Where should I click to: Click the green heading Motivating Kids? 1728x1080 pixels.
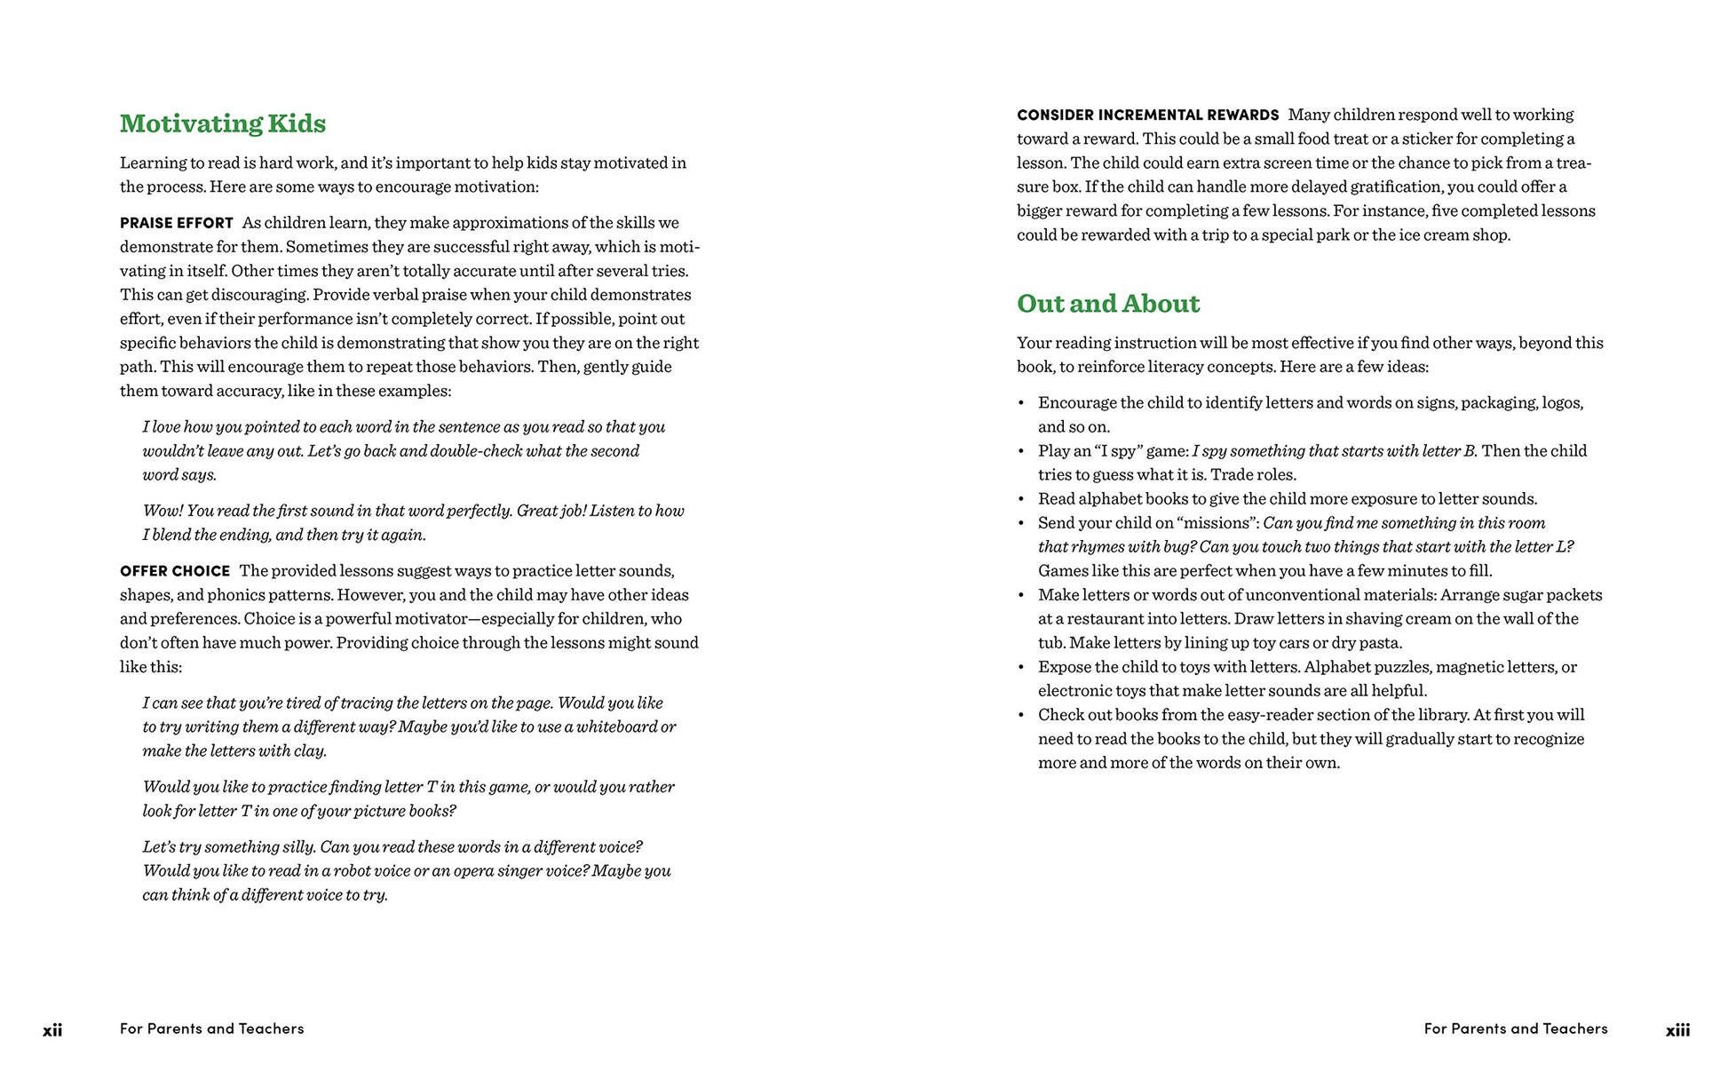pyautogui.click(x=223, y=123)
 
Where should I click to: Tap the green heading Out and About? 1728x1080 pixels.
pyautogui.click(x=1107, y=304)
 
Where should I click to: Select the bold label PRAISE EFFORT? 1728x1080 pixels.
pyautogui.click(x=177, y=223)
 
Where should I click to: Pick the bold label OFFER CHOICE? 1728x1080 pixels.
pyautogui.click(x=175, y=571)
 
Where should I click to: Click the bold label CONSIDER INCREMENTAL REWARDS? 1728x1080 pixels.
pyautogui.click(x=1147, y=115)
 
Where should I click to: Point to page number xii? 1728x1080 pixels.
pyautogui.click(x=52, y=1030)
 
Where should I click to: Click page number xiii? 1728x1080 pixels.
pyautogui.click(x=1677, y=1030)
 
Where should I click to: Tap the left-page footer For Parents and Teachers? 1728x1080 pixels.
pyautogui.click(x=211, y=1028)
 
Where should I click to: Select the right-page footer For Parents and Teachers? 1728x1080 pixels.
pyautogui.click(x=1515, y=1028)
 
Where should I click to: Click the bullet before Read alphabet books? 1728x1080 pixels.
pyautogui.click(x=1021, y=500)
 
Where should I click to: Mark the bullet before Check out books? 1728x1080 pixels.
pyautogui.click(x=1021, y=716)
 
